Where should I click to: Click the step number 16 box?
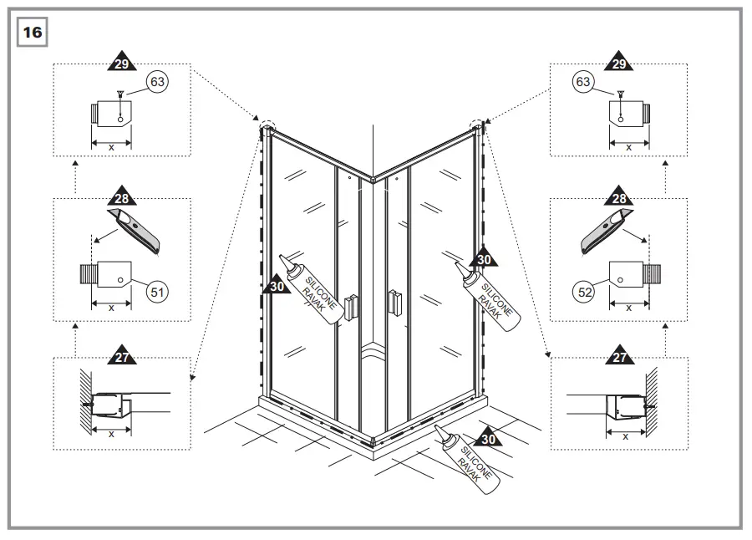[x=32, y=32]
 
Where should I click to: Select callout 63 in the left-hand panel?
[x=156, y=82]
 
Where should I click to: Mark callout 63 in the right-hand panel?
[x=583, y=82]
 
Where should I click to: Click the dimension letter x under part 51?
[x=111, y=308]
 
